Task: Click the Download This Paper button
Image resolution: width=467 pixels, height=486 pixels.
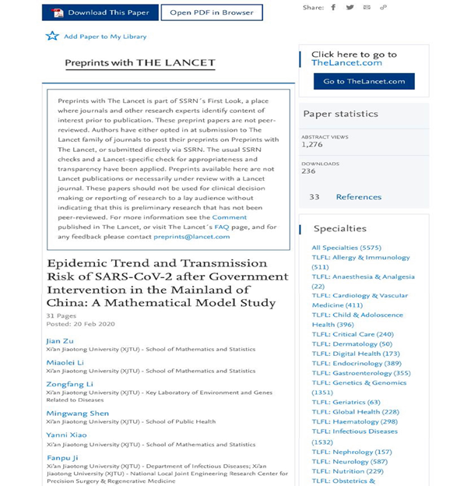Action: coord(100,12)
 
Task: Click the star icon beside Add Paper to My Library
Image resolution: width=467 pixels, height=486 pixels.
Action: coord(52,36)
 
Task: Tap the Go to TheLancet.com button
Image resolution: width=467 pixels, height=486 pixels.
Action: coord(363,81)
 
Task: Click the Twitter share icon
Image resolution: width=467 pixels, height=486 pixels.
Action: coord(349,8)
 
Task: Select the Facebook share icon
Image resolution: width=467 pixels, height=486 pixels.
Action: coord(333,8)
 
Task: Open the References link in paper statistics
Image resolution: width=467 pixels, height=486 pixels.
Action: coord(358,197)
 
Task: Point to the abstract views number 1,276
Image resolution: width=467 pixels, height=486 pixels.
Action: coord(312,144)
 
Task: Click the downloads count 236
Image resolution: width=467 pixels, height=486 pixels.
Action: coord(309,171)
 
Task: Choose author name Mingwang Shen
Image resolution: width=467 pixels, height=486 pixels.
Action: coord(77,413)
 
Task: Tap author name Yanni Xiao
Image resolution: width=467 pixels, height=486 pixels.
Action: coord(66,435)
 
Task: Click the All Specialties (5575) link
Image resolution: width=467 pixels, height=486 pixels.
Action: coord(348,248)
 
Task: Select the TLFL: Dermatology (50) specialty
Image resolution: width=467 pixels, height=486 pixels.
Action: coord(352,343)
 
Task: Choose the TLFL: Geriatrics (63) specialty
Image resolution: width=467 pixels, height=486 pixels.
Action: coord(346,402)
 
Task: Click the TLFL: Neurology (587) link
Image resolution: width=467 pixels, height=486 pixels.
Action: coord(349,461)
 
